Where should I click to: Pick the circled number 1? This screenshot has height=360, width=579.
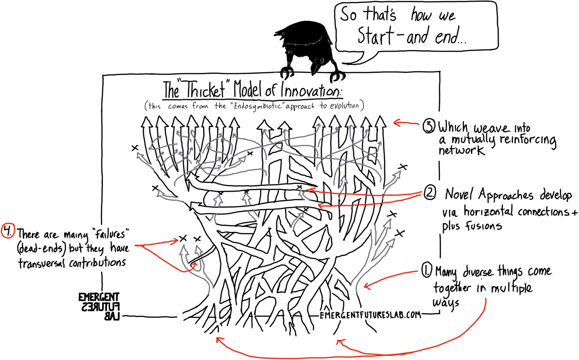(x=426, y=272)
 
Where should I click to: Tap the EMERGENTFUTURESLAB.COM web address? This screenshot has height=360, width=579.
(x=371, y=315)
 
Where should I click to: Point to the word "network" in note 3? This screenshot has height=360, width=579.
(x=461, y=150)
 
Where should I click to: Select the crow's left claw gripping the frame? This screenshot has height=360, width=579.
(x=286, y=72)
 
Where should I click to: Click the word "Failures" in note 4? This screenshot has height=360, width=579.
(x=111, y=234)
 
